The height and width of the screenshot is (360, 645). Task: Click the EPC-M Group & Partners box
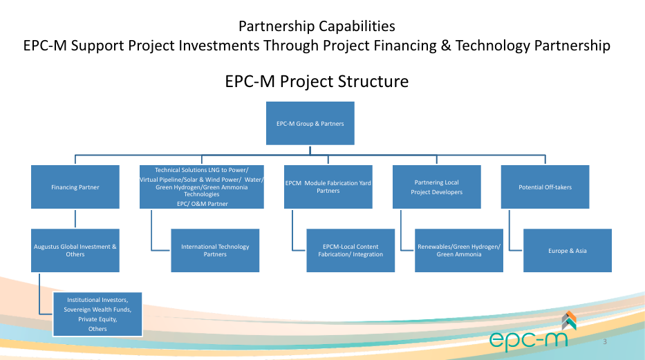[x=310, y=123]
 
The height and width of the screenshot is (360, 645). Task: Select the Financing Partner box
[x=75, y=187]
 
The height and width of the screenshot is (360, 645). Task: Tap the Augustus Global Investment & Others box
[x=75, y=250]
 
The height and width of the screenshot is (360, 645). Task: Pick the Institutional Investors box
[x=97, y=314]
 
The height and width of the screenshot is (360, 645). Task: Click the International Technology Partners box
[x=215, y=250]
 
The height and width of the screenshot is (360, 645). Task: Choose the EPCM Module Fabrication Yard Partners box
[x=328, y=187]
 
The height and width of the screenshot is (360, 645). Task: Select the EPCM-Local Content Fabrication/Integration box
[x=350, y=250]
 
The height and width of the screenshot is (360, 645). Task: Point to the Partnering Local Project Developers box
[x=436, y=187]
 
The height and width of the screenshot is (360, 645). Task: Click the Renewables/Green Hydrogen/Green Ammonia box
[x=459, y=250]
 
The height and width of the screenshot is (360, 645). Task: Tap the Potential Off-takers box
[x=545, y=187]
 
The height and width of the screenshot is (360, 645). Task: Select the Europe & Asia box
[x=568, y=250]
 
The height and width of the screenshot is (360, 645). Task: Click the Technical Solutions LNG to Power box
[x=202, y=187]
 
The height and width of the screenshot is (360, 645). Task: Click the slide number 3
[x=605, y=341]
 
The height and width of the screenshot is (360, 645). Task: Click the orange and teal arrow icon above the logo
[x=569, y=321]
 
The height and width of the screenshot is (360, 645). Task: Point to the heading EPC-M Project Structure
[x=317, y=82]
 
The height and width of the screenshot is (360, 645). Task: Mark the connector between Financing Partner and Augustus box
[x=75, y=218]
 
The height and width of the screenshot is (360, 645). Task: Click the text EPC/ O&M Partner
[x=203, y=204]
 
